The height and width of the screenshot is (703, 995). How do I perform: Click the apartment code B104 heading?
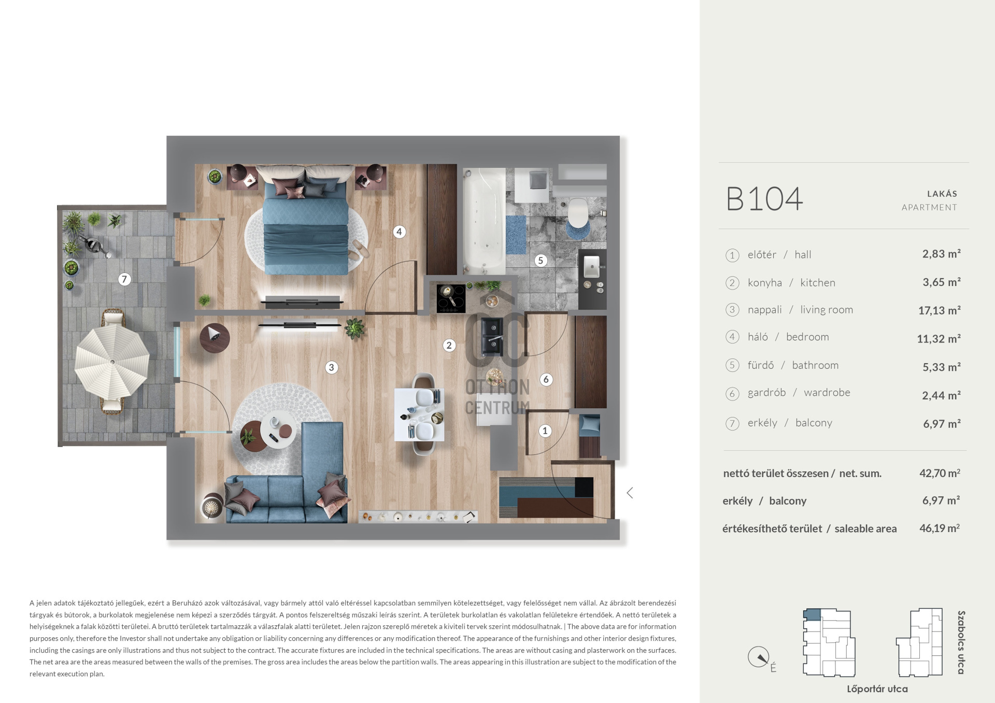(764, 199)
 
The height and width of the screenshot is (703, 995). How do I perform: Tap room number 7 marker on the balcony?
(124, 279)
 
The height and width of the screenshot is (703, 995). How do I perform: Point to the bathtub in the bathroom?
(484, 221)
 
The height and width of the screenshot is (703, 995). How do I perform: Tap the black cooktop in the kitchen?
(451, 299)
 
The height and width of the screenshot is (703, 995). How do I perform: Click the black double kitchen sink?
(492, 336)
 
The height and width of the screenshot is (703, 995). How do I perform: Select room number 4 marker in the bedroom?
(399, 232)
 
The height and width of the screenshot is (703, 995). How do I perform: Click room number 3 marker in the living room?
(332, 367)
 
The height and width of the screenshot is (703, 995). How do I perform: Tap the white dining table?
(419, 414)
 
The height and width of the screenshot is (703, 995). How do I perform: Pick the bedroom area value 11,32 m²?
(939, 338)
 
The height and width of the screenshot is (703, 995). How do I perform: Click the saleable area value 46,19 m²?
(940, 528)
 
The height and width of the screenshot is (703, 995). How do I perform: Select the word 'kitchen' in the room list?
(818, 282)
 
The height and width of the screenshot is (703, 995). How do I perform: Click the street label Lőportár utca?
(877, 688)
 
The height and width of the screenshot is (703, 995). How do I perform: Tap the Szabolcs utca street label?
(961, 642)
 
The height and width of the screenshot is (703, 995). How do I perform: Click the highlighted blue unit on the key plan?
(812, 615)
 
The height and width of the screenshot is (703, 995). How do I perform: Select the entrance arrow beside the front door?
(630, 493)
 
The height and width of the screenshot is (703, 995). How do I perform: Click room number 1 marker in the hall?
(545, 431)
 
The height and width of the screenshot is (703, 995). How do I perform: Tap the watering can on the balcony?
(97, 246)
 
